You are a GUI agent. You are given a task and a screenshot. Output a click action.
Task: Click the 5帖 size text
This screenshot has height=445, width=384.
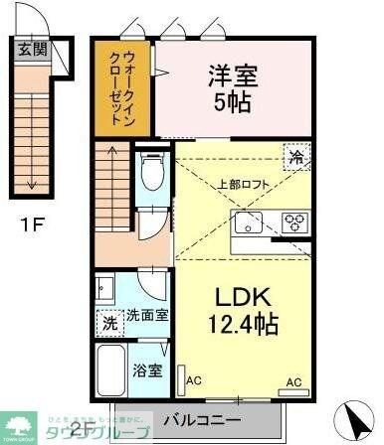tap(229, 101)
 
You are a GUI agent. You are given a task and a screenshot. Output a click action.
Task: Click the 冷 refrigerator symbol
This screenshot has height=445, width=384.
tap(294, 156)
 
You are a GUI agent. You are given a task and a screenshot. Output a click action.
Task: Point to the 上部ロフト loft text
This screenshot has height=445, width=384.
tap(244, 183)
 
